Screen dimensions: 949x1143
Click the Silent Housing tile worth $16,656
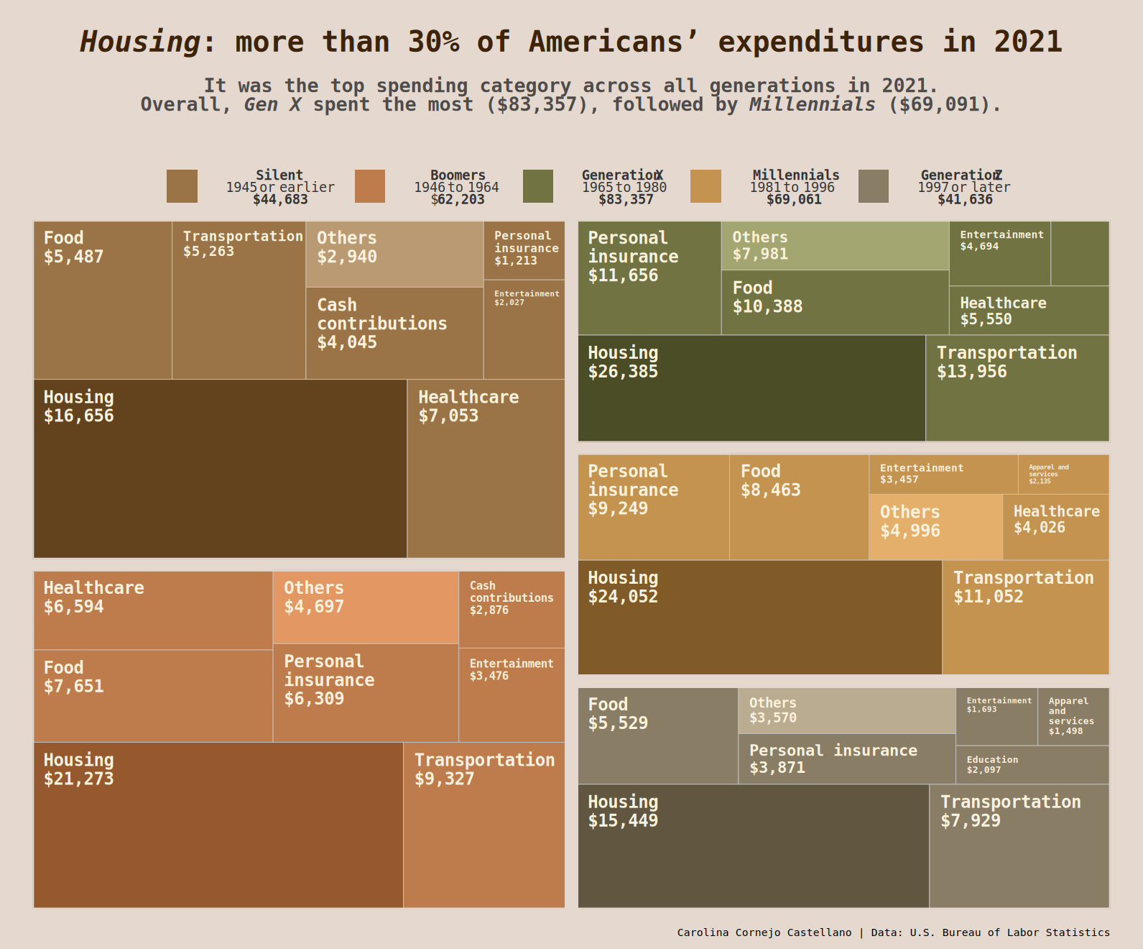click(x=220, y=468)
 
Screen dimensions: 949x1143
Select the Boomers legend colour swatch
click(x=370, y=186)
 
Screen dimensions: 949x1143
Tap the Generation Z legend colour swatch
click(x=873, y=186)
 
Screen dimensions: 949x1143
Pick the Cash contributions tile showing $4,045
click(x=394, y=333)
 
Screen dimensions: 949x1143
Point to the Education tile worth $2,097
click(x=1032, y=765)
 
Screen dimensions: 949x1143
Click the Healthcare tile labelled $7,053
click(x=486, y=468)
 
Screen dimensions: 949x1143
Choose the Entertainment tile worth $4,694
click(x=999, y=254)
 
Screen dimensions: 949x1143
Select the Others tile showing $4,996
click(x=935, y=527)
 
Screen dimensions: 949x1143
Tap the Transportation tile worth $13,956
click(x=1017, y=388)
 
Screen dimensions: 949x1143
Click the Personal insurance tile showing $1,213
click(x=524, y=249)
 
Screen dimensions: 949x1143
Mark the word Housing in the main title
click(x=140, y=42)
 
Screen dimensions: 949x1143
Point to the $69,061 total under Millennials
click(x=794, y=199)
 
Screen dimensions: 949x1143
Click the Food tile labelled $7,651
click(x=153, y=696)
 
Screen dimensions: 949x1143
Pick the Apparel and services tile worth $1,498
click(x=1073, y=716)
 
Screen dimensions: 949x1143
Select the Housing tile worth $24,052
click(x=759, y=617)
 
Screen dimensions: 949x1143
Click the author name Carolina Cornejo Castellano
click(x=764, y=932)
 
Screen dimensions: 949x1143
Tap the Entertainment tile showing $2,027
click(x=524, y=329)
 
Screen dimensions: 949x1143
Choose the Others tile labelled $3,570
click(x=846, y=710)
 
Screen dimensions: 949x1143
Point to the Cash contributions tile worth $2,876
click(x=512, y=610)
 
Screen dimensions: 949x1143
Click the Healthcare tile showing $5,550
click(x=1029, y=311)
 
